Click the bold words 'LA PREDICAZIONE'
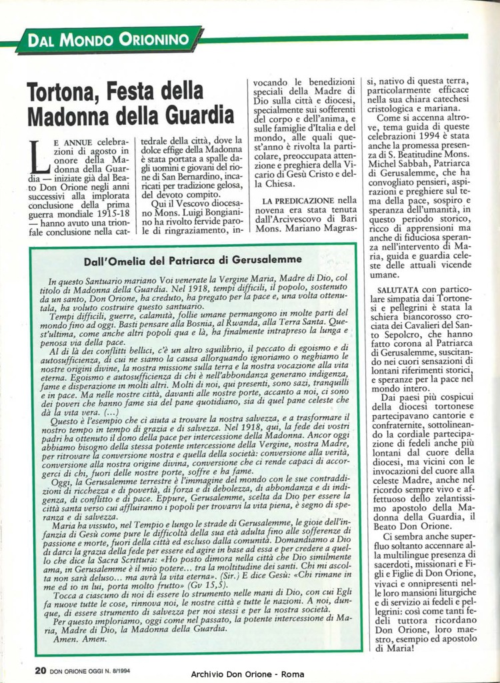[299, 199]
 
